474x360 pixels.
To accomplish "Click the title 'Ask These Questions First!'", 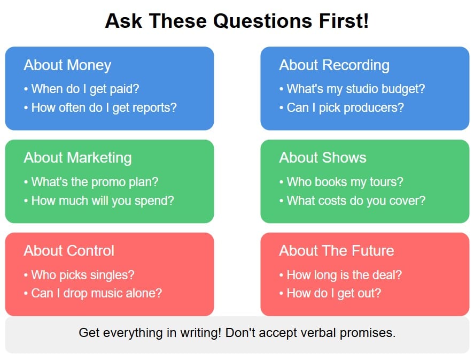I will [237, 21].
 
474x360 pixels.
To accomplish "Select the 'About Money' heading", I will [67, 65].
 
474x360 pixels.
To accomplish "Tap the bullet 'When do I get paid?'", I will [81, 89].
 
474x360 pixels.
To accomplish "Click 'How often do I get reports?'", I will [100, 108].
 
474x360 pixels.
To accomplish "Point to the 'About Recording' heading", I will [334, 65].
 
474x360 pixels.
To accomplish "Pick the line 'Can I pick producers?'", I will [341, 108].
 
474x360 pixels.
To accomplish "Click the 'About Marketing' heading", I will [77, 158].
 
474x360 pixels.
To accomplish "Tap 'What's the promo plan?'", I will [91, 182].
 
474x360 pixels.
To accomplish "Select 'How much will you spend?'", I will [99, 201].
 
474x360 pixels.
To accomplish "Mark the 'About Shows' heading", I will [323, 158].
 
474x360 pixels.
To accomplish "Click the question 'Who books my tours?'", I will [341, 182].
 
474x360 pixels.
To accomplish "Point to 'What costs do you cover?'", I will [352, 201].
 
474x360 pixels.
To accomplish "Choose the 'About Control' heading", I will [69, 251].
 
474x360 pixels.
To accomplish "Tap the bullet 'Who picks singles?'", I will [79, 275].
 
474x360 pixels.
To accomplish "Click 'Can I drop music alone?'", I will [92, 293].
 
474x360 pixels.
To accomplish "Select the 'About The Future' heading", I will [336, 251].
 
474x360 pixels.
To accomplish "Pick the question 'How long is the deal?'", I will [340, 275].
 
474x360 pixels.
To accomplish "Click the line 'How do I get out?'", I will [330, 293].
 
